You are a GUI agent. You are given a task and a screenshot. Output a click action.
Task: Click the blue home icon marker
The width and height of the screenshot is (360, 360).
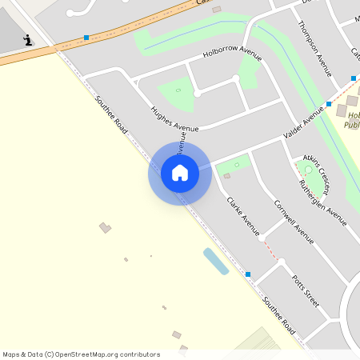click(x=180, y=173)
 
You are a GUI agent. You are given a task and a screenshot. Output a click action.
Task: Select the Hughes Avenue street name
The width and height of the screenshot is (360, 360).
click(x=174, y=117)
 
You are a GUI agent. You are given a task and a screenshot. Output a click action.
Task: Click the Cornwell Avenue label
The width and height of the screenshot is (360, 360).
click(x=294, y=220)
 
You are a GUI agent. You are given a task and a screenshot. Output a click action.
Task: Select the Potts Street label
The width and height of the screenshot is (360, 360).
click(x=305, y=291)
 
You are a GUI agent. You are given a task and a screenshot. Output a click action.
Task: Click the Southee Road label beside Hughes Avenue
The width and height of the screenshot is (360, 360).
click(x=111, y=114)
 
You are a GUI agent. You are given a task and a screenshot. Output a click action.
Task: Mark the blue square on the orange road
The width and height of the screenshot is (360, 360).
click(x=86, y=37)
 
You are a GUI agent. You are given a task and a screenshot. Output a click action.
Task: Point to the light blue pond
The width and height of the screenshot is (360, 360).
click(x=215, y=261)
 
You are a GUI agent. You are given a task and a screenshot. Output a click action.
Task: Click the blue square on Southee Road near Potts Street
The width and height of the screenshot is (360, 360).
click(x=248, y=274)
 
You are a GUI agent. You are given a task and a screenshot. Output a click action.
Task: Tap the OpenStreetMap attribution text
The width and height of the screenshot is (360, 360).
click(x=81, y=354)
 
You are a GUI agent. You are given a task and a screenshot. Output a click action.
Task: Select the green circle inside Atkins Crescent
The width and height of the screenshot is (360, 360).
click(x=309, y=170)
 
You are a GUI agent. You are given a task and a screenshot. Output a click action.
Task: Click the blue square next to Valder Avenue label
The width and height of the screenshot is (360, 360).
click(x=329, y=104)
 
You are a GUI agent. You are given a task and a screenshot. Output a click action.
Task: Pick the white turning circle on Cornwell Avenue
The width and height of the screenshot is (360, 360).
click(x=262, y=238)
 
